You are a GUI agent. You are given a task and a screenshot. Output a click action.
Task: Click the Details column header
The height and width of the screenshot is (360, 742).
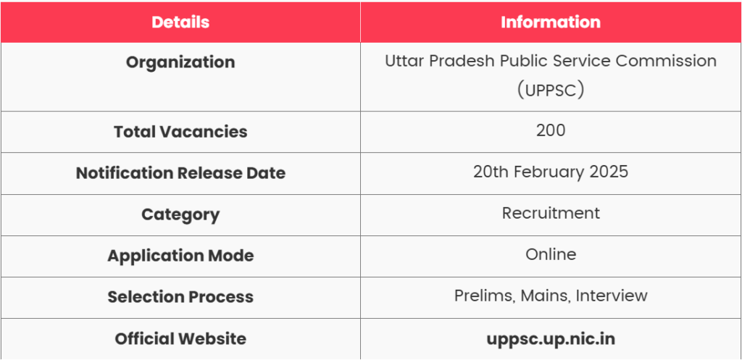180,22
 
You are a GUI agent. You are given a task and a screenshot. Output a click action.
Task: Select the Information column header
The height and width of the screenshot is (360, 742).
551,22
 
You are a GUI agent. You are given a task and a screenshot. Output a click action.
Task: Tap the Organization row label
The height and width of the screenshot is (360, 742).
180,62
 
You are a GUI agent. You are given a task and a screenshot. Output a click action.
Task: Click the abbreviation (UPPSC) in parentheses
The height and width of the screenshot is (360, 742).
551,90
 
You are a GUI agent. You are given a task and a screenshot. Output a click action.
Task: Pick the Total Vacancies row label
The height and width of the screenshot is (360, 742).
180,132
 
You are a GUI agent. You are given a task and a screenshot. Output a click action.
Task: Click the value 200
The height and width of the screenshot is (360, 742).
551,130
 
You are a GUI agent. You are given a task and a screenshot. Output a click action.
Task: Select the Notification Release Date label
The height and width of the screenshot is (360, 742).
180,173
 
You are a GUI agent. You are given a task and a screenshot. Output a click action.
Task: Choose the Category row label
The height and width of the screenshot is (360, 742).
180,215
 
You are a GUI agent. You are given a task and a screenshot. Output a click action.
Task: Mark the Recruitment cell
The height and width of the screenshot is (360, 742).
551,214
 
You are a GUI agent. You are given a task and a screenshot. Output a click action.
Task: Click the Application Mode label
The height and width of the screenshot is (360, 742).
180,256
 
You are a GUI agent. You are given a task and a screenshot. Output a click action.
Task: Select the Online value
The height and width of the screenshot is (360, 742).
551,254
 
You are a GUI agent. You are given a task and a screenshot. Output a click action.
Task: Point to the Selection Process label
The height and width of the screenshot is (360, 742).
180,298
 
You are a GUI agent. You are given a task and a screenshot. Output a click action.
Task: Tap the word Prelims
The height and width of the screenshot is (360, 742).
484,296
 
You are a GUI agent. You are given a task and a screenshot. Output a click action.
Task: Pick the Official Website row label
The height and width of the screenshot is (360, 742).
180,339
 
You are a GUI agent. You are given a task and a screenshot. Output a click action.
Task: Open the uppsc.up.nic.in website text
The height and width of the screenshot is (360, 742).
551,340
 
